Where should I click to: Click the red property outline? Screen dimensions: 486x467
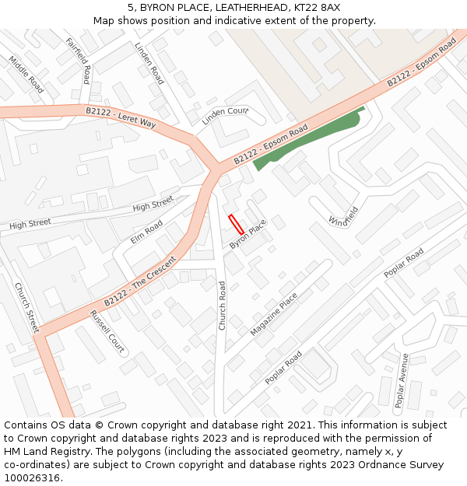(236, 224)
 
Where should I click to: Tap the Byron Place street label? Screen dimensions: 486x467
(248, 234)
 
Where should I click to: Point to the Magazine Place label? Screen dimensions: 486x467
(274, 314)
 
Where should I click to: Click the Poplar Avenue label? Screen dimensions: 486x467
(401, 380)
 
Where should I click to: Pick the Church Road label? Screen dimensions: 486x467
(222, 306)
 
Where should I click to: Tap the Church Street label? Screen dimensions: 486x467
(26, 307)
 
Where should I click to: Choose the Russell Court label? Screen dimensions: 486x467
(107, 331)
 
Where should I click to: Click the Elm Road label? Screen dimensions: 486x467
(146, 232)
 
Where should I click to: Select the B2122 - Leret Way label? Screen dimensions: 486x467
(121, 117)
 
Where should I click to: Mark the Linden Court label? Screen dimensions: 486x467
(225, 117)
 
